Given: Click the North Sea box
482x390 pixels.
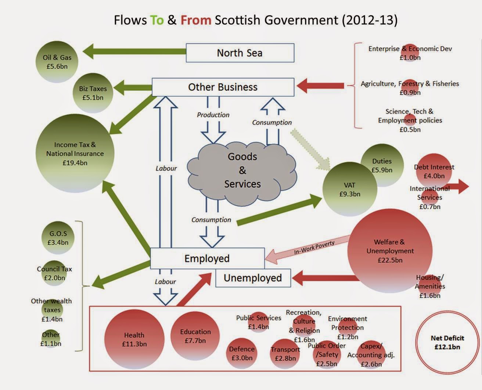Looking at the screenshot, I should coord(240,53).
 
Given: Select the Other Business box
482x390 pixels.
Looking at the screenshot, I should coord(223,87).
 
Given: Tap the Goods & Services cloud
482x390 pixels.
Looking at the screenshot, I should coord(242,171).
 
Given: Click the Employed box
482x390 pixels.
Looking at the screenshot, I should coord(207,258).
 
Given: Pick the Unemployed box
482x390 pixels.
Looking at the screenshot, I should coord(253,278).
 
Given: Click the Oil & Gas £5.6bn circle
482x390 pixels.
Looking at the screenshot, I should coord(57,62).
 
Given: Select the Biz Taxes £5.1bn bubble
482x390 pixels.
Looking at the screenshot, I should coord(93,93).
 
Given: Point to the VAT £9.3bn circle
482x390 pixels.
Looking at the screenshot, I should coord(349,189).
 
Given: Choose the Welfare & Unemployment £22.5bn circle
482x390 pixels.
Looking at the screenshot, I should coord(390,251).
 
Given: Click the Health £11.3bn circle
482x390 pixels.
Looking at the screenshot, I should coord(134,339).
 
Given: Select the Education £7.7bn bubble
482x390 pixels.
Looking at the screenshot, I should coord(195,336).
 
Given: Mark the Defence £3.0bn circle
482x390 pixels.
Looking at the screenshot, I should coord(241,353).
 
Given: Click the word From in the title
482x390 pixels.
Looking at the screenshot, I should coord(195,20).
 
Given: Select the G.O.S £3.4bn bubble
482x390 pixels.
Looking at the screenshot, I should coord(58,238).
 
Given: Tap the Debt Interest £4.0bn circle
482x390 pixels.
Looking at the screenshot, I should coord(434,171).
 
